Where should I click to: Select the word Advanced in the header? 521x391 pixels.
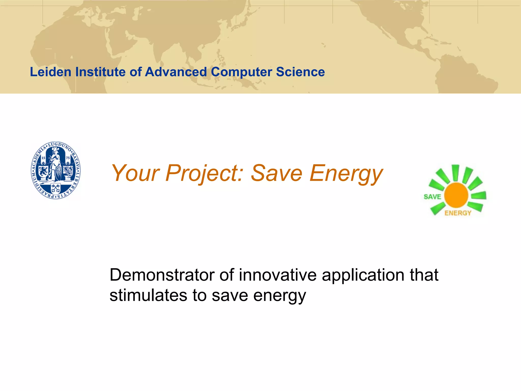tap(176, 72)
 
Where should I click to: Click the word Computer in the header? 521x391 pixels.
tap(241, 72)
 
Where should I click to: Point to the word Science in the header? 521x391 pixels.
tap(300, 72)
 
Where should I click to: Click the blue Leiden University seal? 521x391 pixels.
tap(55, 170)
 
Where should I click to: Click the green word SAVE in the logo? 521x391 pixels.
tap(432, 197)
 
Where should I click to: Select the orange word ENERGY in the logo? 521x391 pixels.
tap(458, 213)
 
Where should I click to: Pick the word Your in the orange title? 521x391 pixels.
tap(135, 174)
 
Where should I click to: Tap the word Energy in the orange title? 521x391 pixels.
tap(346, 174)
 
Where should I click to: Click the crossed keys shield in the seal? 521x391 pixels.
tap(55, 188)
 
